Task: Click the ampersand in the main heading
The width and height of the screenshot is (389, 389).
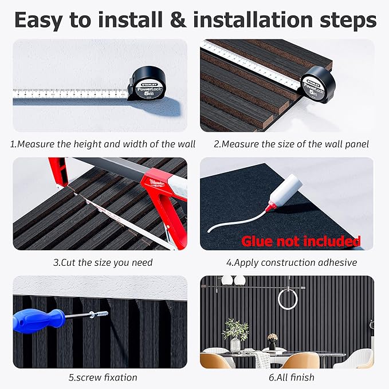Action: pos(178,20)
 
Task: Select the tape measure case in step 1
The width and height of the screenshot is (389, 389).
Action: pos(147,84)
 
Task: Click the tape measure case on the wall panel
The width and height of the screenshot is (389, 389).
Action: pos(317,84)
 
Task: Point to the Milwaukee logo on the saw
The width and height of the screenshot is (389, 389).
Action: pos(157,183)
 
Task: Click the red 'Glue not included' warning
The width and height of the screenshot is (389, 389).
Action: pos(301,241)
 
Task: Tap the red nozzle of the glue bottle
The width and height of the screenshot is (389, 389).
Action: pos(270,206)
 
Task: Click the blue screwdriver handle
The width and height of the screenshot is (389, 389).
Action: pos(38,321)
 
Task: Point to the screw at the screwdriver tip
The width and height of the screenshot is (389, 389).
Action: pos(99,315)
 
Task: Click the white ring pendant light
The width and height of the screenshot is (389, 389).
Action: pos(288,299)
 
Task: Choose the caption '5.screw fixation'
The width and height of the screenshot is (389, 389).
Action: pos(103,378)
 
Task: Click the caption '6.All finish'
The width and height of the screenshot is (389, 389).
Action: pos(292,378)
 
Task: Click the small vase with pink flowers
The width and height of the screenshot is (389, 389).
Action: pos(272,341)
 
